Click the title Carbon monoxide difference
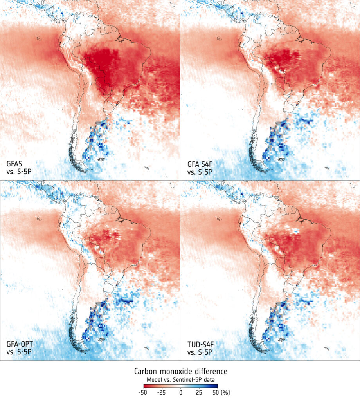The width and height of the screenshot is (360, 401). pyautogui.click(x=180, y=370)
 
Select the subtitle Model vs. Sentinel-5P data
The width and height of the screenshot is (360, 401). pyautogui.click(x=180, y=379)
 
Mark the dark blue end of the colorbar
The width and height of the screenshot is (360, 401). pyautogui.click(x=216, y=385)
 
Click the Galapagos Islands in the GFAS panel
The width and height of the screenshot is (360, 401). pyautogui.click(x=38, y=38)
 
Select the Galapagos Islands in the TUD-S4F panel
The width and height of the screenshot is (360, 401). pyautogui.click(x=218, y=219)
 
